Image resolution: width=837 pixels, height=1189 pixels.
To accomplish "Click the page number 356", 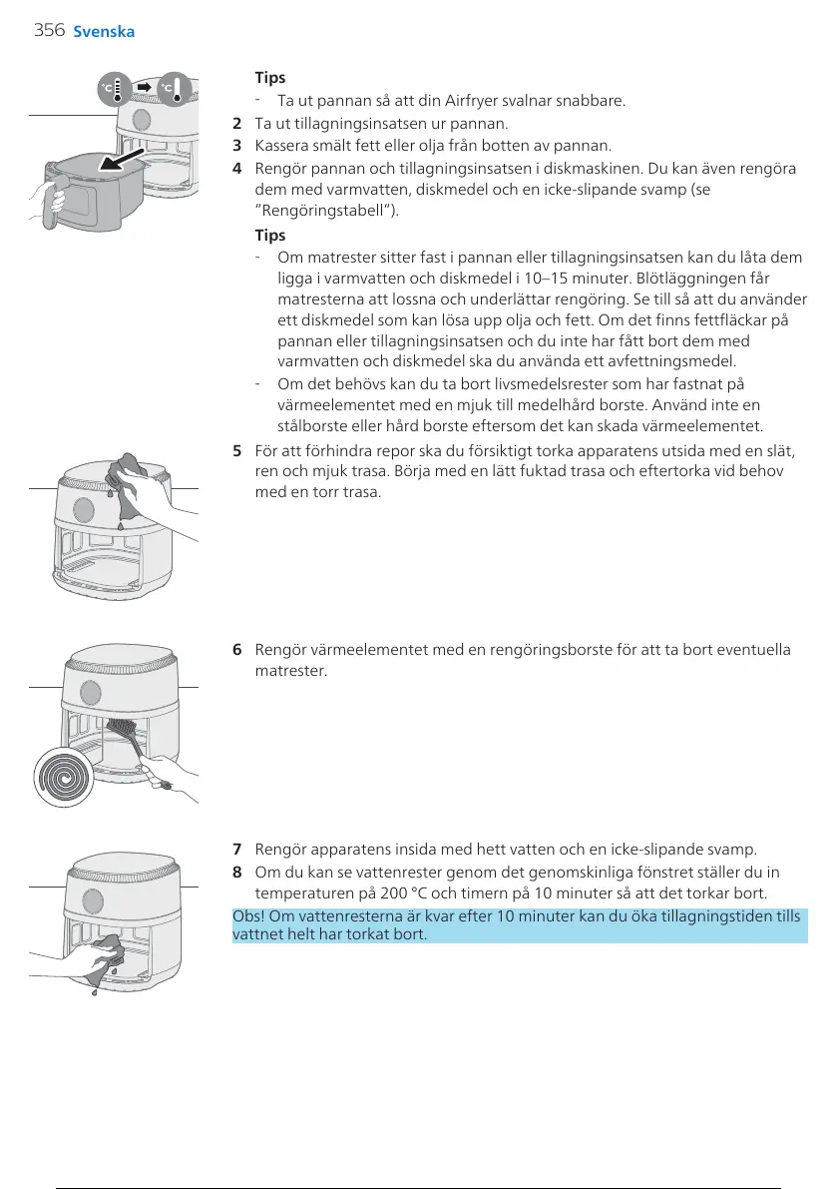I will (x=48, y=30).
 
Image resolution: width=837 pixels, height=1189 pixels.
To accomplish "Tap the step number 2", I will (x=236, y=124).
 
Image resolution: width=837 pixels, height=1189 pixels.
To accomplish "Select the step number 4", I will (x=236, y=168).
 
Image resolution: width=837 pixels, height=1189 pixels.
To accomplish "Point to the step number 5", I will (x=236, y=450).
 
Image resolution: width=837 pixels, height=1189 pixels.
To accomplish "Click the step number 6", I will (x=236, y=650).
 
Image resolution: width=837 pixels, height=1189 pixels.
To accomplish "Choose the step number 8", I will (x=236, y=872).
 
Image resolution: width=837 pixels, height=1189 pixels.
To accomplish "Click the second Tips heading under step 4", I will (x=270, y=236).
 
